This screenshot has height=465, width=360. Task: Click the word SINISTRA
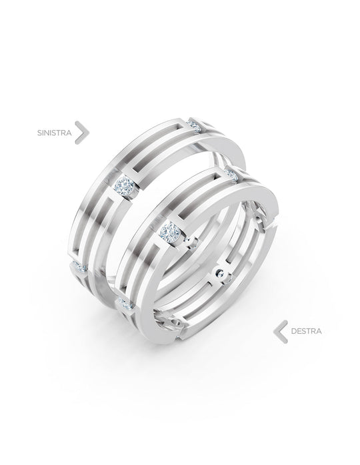[54, 133]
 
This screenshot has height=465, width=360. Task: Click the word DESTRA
[306, 331]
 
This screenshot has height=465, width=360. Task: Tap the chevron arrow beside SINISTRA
[82, 133]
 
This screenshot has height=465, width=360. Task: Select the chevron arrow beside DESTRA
[281, 332]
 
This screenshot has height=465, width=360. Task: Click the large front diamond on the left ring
[125, 186]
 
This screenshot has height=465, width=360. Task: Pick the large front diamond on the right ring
[171, 232]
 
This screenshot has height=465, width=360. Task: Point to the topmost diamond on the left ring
[195, 125]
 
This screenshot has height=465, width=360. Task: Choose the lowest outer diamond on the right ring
[125, 304]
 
